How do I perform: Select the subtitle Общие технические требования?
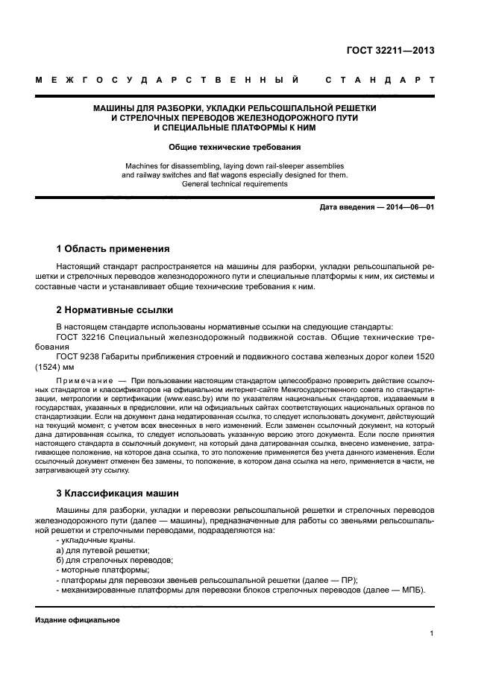234,148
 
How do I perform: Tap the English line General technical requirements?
234,183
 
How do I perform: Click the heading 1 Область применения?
113,248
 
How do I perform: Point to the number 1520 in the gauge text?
423,356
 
